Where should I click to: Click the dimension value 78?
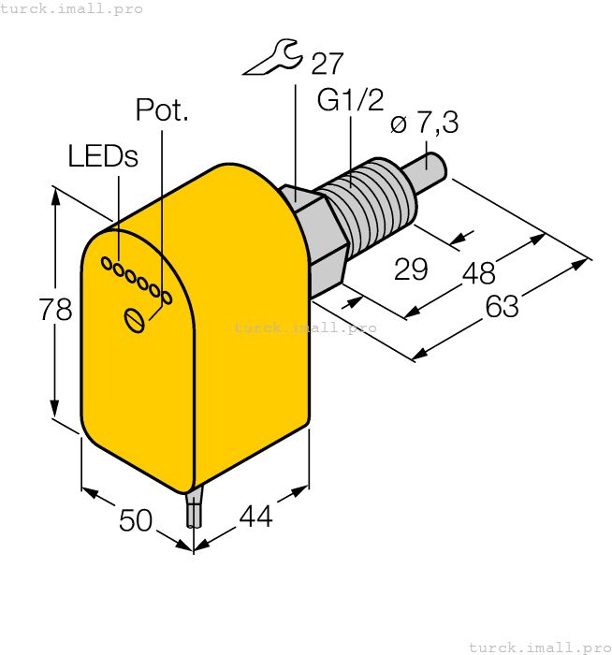[55, 310]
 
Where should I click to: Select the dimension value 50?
[136, 519]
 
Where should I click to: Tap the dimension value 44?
[255, 516]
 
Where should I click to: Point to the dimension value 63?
[502, 305]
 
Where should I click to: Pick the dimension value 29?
[410, 269]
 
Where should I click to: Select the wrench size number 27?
[327, 64]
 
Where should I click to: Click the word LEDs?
[103, 156]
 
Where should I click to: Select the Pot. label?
[162, 110]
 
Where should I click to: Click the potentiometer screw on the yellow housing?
[135, 320]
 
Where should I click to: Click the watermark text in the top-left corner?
[72, 8]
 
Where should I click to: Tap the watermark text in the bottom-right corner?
[539, 647]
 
